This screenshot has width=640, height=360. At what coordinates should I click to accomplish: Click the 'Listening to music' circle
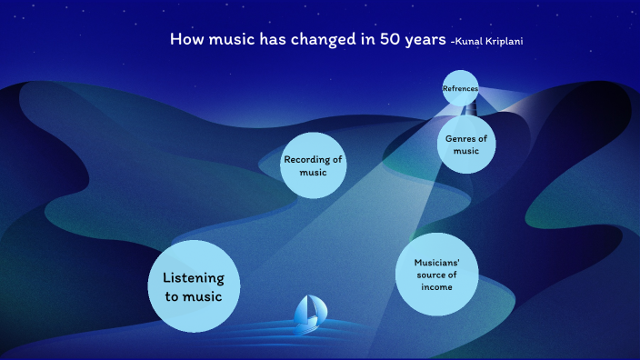[193, 286]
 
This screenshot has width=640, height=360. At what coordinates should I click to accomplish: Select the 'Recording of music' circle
[313, 165]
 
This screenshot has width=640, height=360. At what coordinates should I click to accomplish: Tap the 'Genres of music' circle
[466, 144]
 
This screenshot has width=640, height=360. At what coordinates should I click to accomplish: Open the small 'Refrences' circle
[460, 88]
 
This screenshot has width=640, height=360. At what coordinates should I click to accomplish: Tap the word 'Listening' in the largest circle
[193, 278]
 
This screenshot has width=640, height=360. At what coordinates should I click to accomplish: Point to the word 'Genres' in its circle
[462, 138]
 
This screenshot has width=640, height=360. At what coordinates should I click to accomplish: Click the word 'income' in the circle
[436, 287]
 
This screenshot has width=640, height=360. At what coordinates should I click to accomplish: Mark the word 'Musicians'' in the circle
[436, 262]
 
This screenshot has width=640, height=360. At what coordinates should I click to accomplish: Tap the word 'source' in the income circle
[431, 275]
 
